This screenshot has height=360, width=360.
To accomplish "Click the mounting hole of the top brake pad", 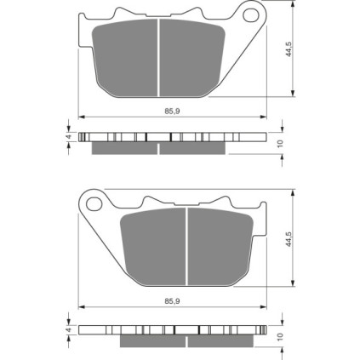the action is [x=250, y=15].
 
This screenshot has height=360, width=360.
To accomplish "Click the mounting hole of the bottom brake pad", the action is [x=94, y=203].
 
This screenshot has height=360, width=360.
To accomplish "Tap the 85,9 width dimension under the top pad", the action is [x=173, y=111].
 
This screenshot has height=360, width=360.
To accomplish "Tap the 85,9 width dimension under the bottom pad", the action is [x=173, y=301].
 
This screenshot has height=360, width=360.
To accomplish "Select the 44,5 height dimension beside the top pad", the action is [x=289, y=49].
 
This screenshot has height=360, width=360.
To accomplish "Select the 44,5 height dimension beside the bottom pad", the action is [x=289, y=239].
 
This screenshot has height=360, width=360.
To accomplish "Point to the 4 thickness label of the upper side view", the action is [x=68, y=137].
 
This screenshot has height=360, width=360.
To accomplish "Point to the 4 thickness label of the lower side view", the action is [x=68, y=330].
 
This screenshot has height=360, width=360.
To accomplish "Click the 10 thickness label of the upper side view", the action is [x=281, y=144].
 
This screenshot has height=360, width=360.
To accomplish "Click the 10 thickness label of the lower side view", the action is [x=281, y=336].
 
